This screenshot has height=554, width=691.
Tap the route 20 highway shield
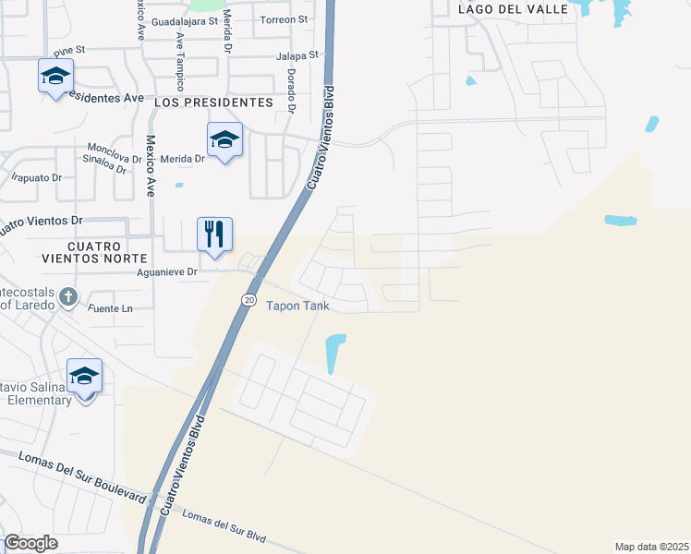249,300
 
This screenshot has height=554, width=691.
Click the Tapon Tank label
297,306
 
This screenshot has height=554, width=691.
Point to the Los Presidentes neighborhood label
214,102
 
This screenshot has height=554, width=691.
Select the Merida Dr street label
181,159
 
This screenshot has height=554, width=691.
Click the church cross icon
67,297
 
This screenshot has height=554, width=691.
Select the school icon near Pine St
55,76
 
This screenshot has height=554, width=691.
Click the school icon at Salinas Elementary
84,375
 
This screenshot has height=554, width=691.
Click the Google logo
31,543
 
